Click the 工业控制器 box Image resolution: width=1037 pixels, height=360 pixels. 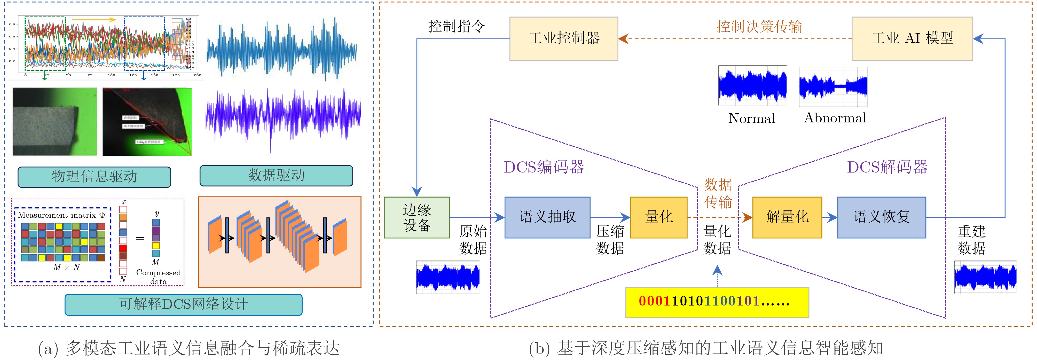coord(564,39)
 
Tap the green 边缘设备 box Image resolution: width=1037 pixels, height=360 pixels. coord(417,217)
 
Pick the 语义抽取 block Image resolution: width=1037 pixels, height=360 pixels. coord(547,217)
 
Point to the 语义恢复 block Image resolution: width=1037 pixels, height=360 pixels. coord(881,217)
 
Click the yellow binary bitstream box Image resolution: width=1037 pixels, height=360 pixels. coord(717,302)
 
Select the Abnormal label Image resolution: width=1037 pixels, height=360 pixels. coord(835,118)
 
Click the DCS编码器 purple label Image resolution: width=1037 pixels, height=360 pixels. coord(544,167)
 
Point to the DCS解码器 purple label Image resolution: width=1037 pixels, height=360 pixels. coord(887,167)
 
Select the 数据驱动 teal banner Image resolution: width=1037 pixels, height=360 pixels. coord(276,176)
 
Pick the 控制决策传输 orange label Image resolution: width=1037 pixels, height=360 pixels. coord(759,27)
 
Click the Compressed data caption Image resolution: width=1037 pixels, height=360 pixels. coord(158,277)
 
